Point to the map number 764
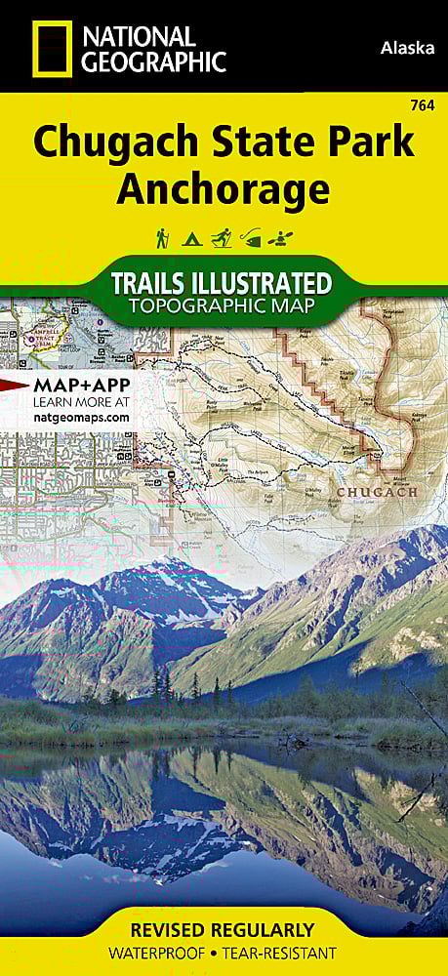coord(424,105)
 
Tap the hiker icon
coord(162,237)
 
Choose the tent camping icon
coord(192,237)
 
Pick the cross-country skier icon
coord(224,237)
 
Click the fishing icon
coord(254,237)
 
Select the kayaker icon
coord(286,237)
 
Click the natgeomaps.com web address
coord(82,417)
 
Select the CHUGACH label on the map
coord(376,492)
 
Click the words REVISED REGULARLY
coord(224,929)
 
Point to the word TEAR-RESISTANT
coord(283,953)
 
